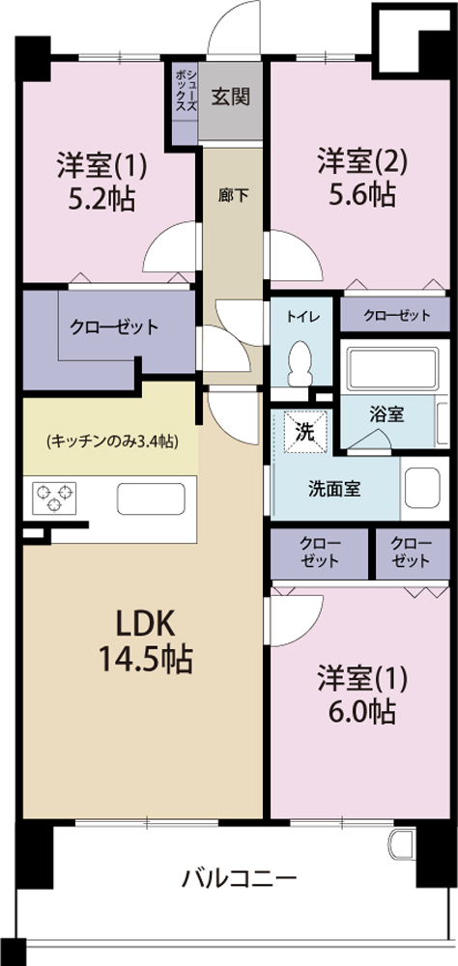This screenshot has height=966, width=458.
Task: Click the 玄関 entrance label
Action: pos(233,97)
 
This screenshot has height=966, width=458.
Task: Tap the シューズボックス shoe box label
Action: pos(186,92)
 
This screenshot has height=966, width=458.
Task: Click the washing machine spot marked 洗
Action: pos(303,432)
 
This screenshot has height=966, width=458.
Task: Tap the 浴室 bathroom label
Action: pos(386,413)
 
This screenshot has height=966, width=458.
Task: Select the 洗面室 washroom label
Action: pos(334,489)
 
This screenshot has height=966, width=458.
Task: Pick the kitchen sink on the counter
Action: pos(151,499)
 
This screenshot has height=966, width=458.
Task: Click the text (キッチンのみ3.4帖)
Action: pos(110,441)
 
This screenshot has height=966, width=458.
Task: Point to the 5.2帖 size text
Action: pos(100,199)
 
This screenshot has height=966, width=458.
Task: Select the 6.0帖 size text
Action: pos(360,712)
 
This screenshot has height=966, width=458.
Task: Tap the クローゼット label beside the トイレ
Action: pos(397,315)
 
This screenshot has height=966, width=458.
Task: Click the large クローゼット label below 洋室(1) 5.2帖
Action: pos(113,327)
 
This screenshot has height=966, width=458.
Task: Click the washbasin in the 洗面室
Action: pos(423,488)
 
